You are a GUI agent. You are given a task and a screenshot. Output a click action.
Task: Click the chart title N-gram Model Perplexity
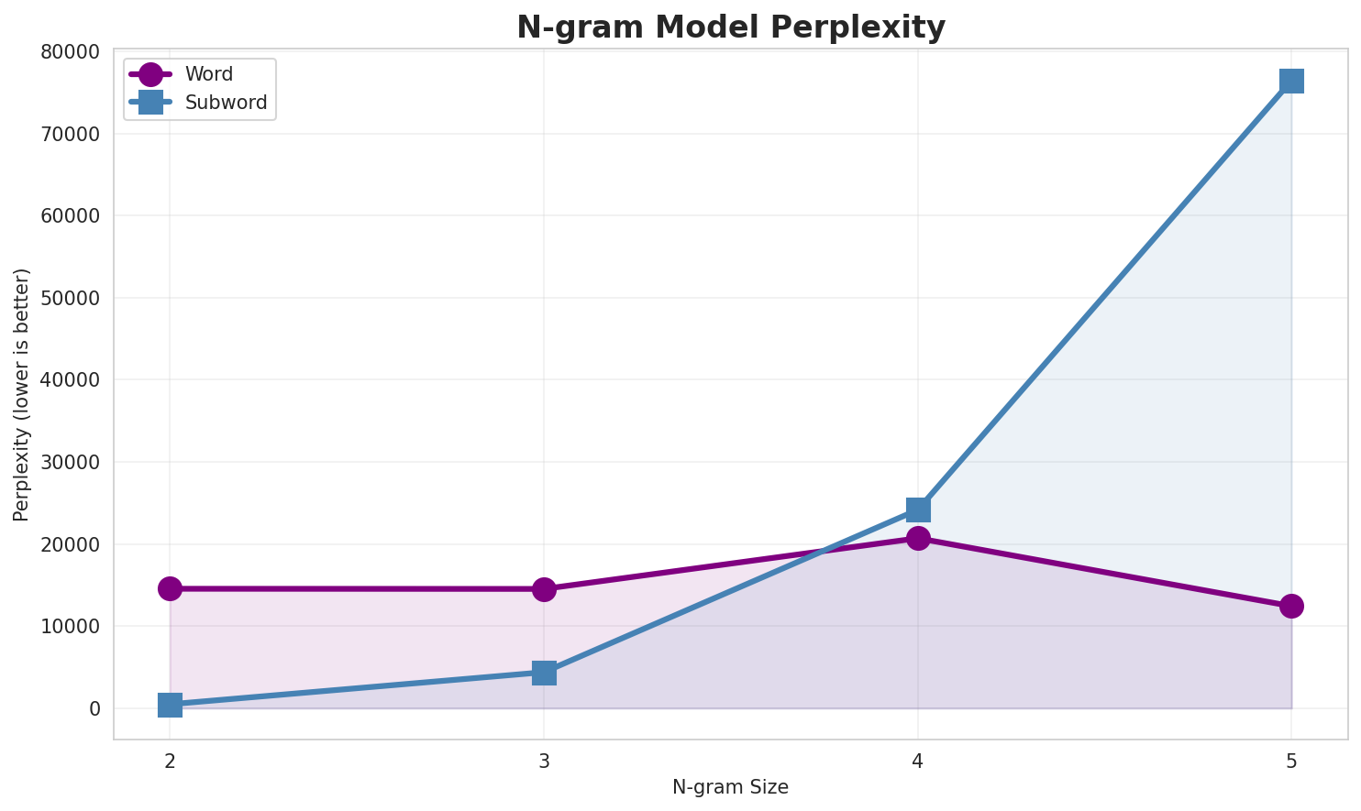(x=730, y=27)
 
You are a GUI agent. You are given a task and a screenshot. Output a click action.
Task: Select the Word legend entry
(x=208, y=74)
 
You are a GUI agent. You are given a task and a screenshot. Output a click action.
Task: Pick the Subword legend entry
(x=226, y=103)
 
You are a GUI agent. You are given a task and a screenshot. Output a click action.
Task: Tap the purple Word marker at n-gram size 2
(x=170, y=588)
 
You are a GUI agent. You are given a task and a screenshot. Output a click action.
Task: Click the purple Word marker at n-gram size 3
(x=544, y=589)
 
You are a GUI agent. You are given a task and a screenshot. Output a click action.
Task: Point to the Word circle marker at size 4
(x=918, y=538)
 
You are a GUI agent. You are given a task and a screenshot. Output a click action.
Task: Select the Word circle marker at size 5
(x=1291, y=606)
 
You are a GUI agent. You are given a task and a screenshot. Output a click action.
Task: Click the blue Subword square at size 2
(x=170, y=705)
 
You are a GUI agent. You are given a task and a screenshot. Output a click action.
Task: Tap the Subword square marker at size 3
(x=544, y=673)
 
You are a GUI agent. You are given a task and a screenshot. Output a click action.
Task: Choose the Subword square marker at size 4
(x=918, y=509)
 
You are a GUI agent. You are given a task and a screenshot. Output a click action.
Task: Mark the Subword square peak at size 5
(x=1291, y=81)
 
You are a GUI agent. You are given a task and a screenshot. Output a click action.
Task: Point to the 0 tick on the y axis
(x=94, y=709)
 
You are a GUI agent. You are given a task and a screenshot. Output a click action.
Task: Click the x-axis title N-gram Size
(x=730, y=787)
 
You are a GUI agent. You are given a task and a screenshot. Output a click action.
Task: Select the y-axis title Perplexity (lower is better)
(x=22, y=395)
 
